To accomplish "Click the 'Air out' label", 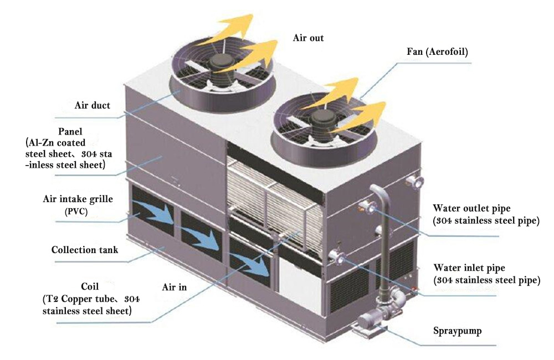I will [308, 38].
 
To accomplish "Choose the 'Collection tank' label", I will [85, 250].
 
